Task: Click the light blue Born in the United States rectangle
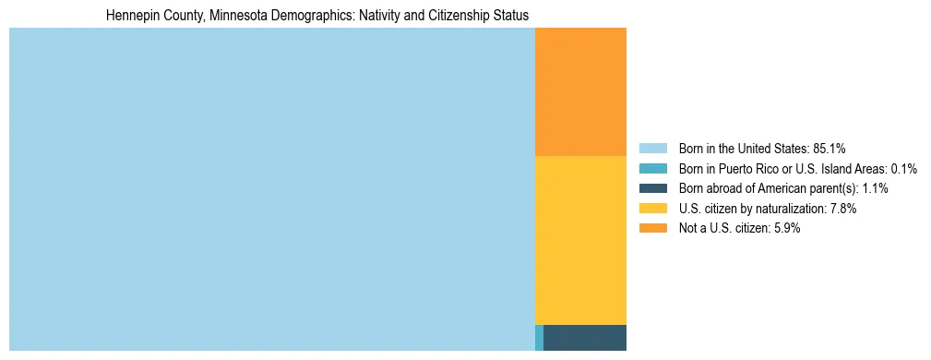point(271,189)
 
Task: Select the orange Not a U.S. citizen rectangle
point(580,92)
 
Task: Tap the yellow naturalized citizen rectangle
point(580,240)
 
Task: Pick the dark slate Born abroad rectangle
point(585,338)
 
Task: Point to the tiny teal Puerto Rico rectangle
point(539,338)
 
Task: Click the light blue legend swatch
point(652,148)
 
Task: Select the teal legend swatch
point(652,168)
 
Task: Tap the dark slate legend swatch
point(652,188)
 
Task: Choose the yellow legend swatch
point(652,209)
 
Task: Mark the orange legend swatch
point(652,228)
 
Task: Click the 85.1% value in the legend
point(830,148)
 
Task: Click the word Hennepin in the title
point(130,17)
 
